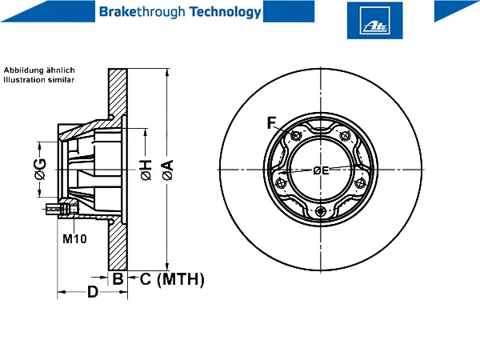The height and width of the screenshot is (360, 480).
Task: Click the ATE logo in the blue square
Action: (374, 21)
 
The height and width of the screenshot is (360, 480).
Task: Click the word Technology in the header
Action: (226, 12)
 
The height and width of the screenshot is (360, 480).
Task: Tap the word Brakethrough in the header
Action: (142, 12)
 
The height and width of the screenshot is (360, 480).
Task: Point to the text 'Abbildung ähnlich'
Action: (39, 70)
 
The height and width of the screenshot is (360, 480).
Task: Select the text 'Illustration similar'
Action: (39, 79)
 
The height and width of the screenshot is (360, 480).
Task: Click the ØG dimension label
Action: (40, 169)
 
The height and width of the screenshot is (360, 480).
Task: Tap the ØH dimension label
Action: (146, 170)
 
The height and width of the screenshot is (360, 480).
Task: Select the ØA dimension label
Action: (167, 170)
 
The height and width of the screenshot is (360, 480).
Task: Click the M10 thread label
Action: (74, 238)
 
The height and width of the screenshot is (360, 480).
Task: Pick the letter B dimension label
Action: (118, 278)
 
